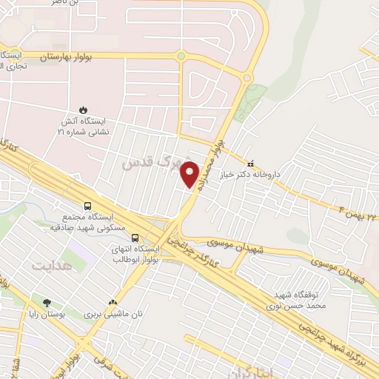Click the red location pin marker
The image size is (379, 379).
[x=190, y=174]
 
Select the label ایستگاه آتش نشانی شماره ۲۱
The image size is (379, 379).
[x=82, y=125]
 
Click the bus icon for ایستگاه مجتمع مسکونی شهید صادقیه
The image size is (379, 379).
[x=88, y=207]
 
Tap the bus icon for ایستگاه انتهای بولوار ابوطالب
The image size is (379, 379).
[x=135, y=238]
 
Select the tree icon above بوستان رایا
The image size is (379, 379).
[x=47, y=302]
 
